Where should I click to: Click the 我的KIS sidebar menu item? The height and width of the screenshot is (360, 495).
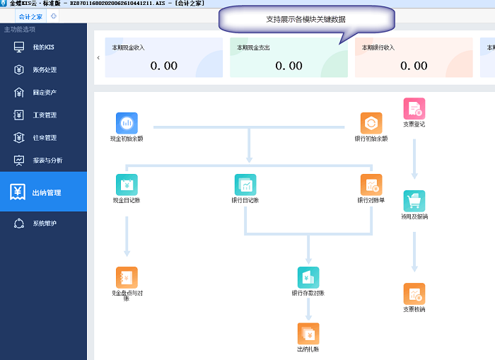[x=43, y=47]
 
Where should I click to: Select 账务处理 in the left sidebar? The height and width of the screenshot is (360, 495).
[x=44, y=70]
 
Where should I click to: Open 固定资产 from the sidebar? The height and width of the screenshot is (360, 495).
[x=44, y=93]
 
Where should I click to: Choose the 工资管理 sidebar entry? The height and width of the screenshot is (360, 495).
[x=44, y=115]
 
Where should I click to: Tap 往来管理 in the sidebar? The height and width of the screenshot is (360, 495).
[x=44, y=138]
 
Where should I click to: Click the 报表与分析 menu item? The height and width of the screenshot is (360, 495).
[x=47, y=161]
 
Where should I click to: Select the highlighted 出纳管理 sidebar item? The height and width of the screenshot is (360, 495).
[x=46, y=192]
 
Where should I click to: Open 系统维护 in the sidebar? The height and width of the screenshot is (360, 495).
[x=44, y=223]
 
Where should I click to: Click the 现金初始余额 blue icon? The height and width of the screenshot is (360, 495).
[x=127, y=123]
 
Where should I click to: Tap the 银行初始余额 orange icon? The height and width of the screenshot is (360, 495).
[x=371, y=123]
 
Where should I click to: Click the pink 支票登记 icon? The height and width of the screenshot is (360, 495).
[x=414, y=109]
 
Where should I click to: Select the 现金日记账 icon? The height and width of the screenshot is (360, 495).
[x=127, y=185]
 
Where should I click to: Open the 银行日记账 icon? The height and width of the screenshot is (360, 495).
[x=245, y=185]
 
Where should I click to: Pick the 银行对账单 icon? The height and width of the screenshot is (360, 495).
[x=371, y=185]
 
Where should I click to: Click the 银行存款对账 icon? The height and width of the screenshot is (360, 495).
[x=308, y=277]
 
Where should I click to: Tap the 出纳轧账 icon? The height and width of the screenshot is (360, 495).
[x=308, y=333]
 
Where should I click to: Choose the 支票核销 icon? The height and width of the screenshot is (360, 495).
[x=414, y=294]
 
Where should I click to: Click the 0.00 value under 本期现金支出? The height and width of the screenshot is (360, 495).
[x=289, y=66]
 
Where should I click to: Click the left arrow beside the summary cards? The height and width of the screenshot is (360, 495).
[x=98, y=57]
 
